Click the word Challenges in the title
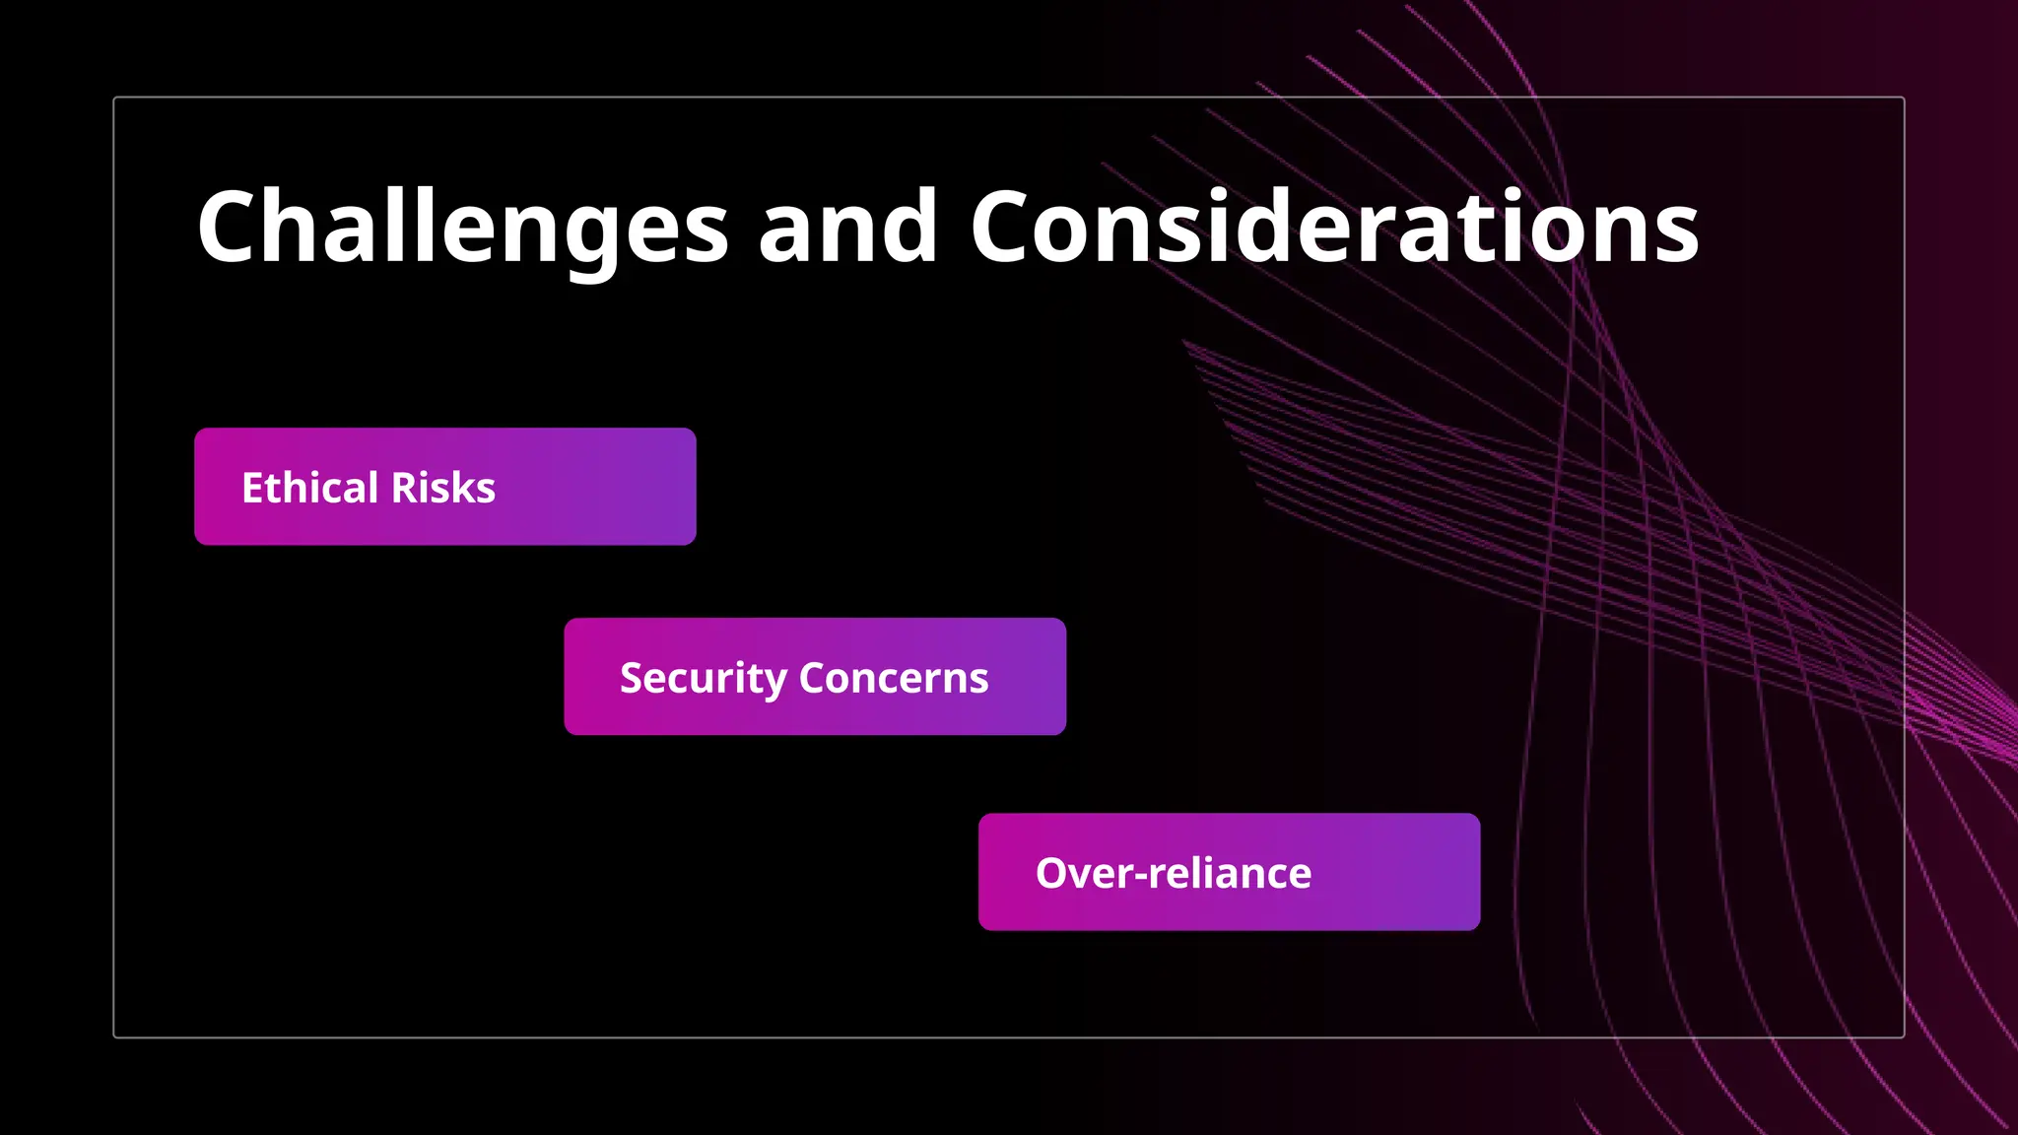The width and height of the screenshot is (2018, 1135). pos(462,228)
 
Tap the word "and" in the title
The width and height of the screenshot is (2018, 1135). pos(847,228)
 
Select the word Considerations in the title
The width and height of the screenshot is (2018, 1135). pos(1334,228)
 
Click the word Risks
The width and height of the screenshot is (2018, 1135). pos(443,488)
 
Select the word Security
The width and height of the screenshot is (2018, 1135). pos(703,678)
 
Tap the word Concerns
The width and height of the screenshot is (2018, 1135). pos(894,678)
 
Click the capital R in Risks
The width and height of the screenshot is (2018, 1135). pos(404,488)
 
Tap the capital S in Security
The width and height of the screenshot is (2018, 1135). pos(632,678)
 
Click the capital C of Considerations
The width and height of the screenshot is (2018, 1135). pos(1005,228)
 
